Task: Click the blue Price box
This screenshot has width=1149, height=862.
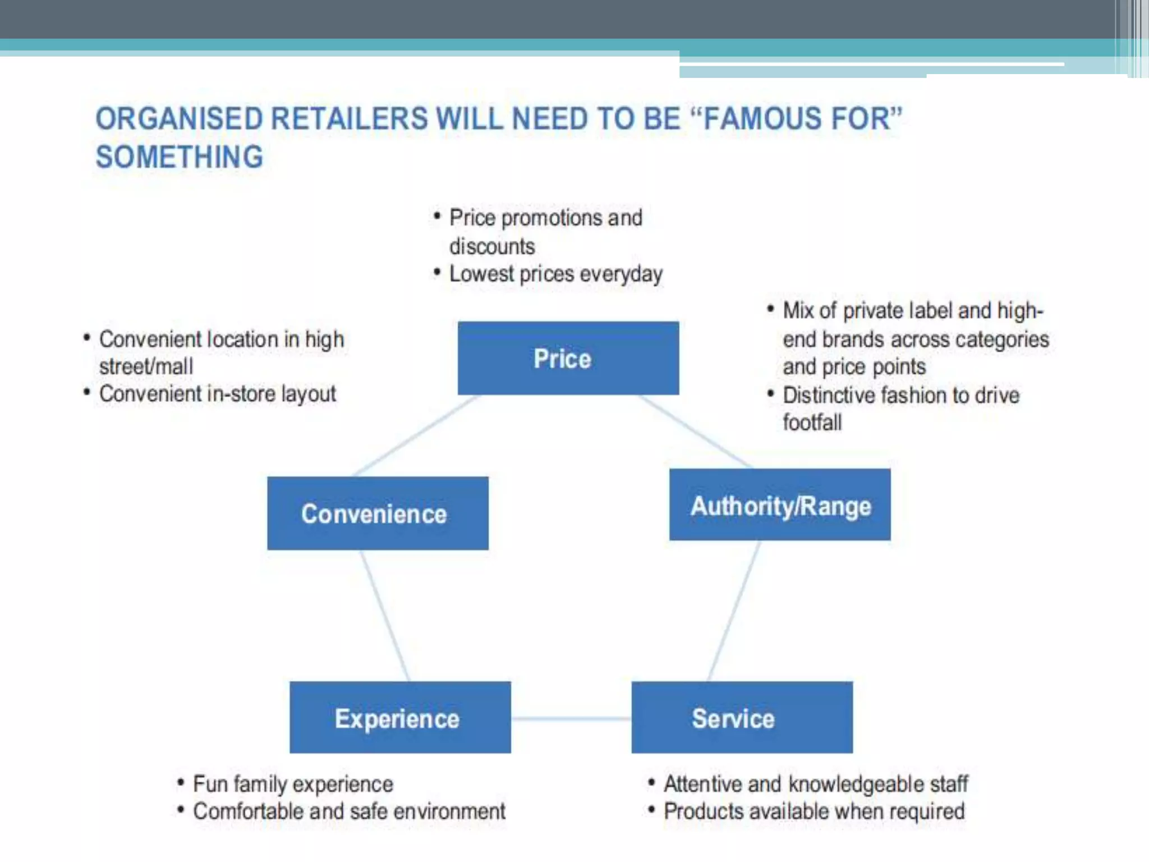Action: [x=568, y=358]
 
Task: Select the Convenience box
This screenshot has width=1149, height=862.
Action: [x=378, y=513]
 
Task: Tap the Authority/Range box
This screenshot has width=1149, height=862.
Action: [x=780, y=505]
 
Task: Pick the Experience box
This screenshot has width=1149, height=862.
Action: [x=400, y=717]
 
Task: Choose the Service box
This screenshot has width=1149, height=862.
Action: [x=742, y=717]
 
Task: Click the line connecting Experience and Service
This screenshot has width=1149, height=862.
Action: [x=571, y=718]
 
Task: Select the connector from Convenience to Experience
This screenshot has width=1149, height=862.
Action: [x=385, y=615]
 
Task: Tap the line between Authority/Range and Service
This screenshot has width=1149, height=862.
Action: [x=734, y=611]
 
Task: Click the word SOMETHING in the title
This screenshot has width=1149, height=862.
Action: [x=179, y=157]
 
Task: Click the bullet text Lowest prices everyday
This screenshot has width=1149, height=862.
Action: [x=555, y=274]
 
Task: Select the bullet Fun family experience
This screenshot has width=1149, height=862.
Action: [x=293, y=784]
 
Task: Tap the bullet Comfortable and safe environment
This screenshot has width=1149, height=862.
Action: [x=349, y=811]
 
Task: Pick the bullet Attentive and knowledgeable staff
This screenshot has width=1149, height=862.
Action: [x=816, y=784]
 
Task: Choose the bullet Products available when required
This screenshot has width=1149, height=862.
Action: [x=814, y=811]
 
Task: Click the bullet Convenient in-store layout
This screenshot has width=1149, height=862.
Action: [x=218, y=394]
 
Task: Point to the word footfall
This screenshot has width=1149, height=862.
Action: [x=812, y=423]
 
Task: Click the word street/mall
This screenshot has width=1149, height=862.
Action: [x=146, y=366]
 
